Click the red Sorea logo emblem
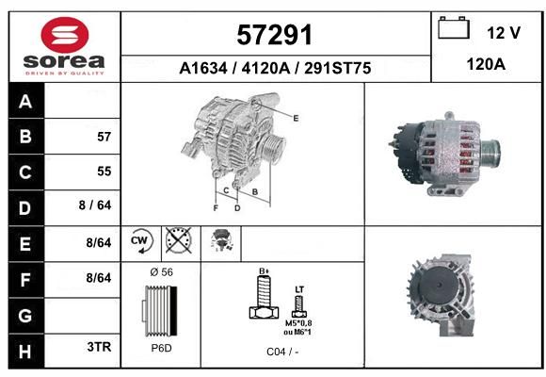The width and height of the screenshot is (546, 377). click(65, 35)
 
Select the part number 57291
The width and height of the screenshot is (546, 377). click(274, 35)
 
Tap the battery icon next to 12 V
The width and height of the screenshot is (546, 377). click(454, 27)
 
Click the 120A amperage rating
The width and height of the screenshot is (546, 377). click(486, 64)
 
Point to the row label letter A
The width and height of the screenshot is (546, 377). click(25, 102)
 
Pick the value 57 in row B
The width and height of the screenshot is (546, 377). click(104, 137)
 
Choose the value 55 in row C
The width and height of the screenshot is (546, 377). click(104, 172)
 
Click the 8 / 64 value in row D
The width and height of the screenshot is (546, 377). click(95, 205)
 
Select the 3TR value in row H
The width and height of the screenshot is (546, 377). click(99, 347)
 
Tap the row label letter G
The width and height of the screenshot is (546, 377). click(25, 316)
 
